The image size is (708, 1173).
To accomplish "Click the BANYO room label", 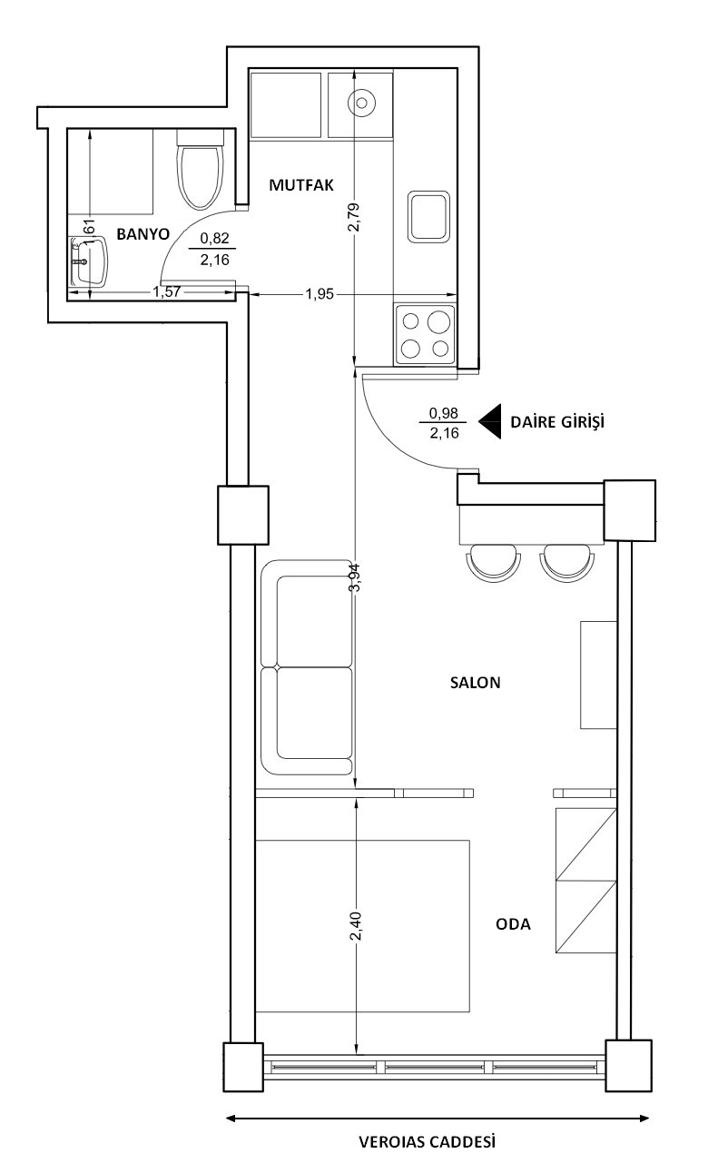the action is tap(143, 233).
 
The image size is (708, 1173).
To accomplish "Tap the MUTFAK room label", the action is tap(301, 185).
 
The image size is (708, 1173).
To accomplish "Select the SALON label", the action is tap(475, 683).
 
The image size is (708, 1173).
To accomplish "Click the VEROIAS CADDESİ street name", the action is tap(427, 1141).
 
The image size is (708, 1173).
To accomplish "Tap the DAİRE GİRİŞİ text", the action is tap(557, 421).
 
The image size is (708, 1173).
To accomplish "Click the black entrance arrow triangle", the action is tap(490, 421).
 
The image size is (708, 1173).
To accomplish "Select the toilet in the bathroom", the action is tap(200, 169).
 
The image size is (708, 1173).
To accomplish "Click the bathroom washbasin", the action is tap(89, 261).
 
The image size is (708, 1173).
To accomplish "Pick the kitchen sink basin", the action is tap(428, 217).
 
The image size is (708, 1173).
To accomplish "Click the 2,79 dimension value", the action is tap(355, 217).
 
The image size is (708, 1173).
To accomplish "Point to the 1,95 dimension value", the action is tap(320, 294).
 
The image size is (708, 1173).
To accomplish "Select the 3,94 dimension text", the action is tap(355, 577).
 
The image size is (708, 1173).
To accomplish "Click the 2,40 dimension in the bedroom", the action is tap(355, 926).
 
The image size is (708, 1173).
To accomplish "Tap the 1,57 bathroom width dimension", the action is tap(166, 291).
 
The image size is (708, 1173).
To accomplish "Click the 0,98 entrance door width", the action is tap(444, 413).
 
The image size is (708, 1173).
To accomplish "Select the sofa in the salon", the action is tap(307, 667).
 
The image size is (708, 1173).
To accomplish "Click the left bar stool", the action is tap(494, 563).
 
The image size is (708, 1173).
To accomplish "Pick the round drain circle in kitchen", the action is tap(362, 103).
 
